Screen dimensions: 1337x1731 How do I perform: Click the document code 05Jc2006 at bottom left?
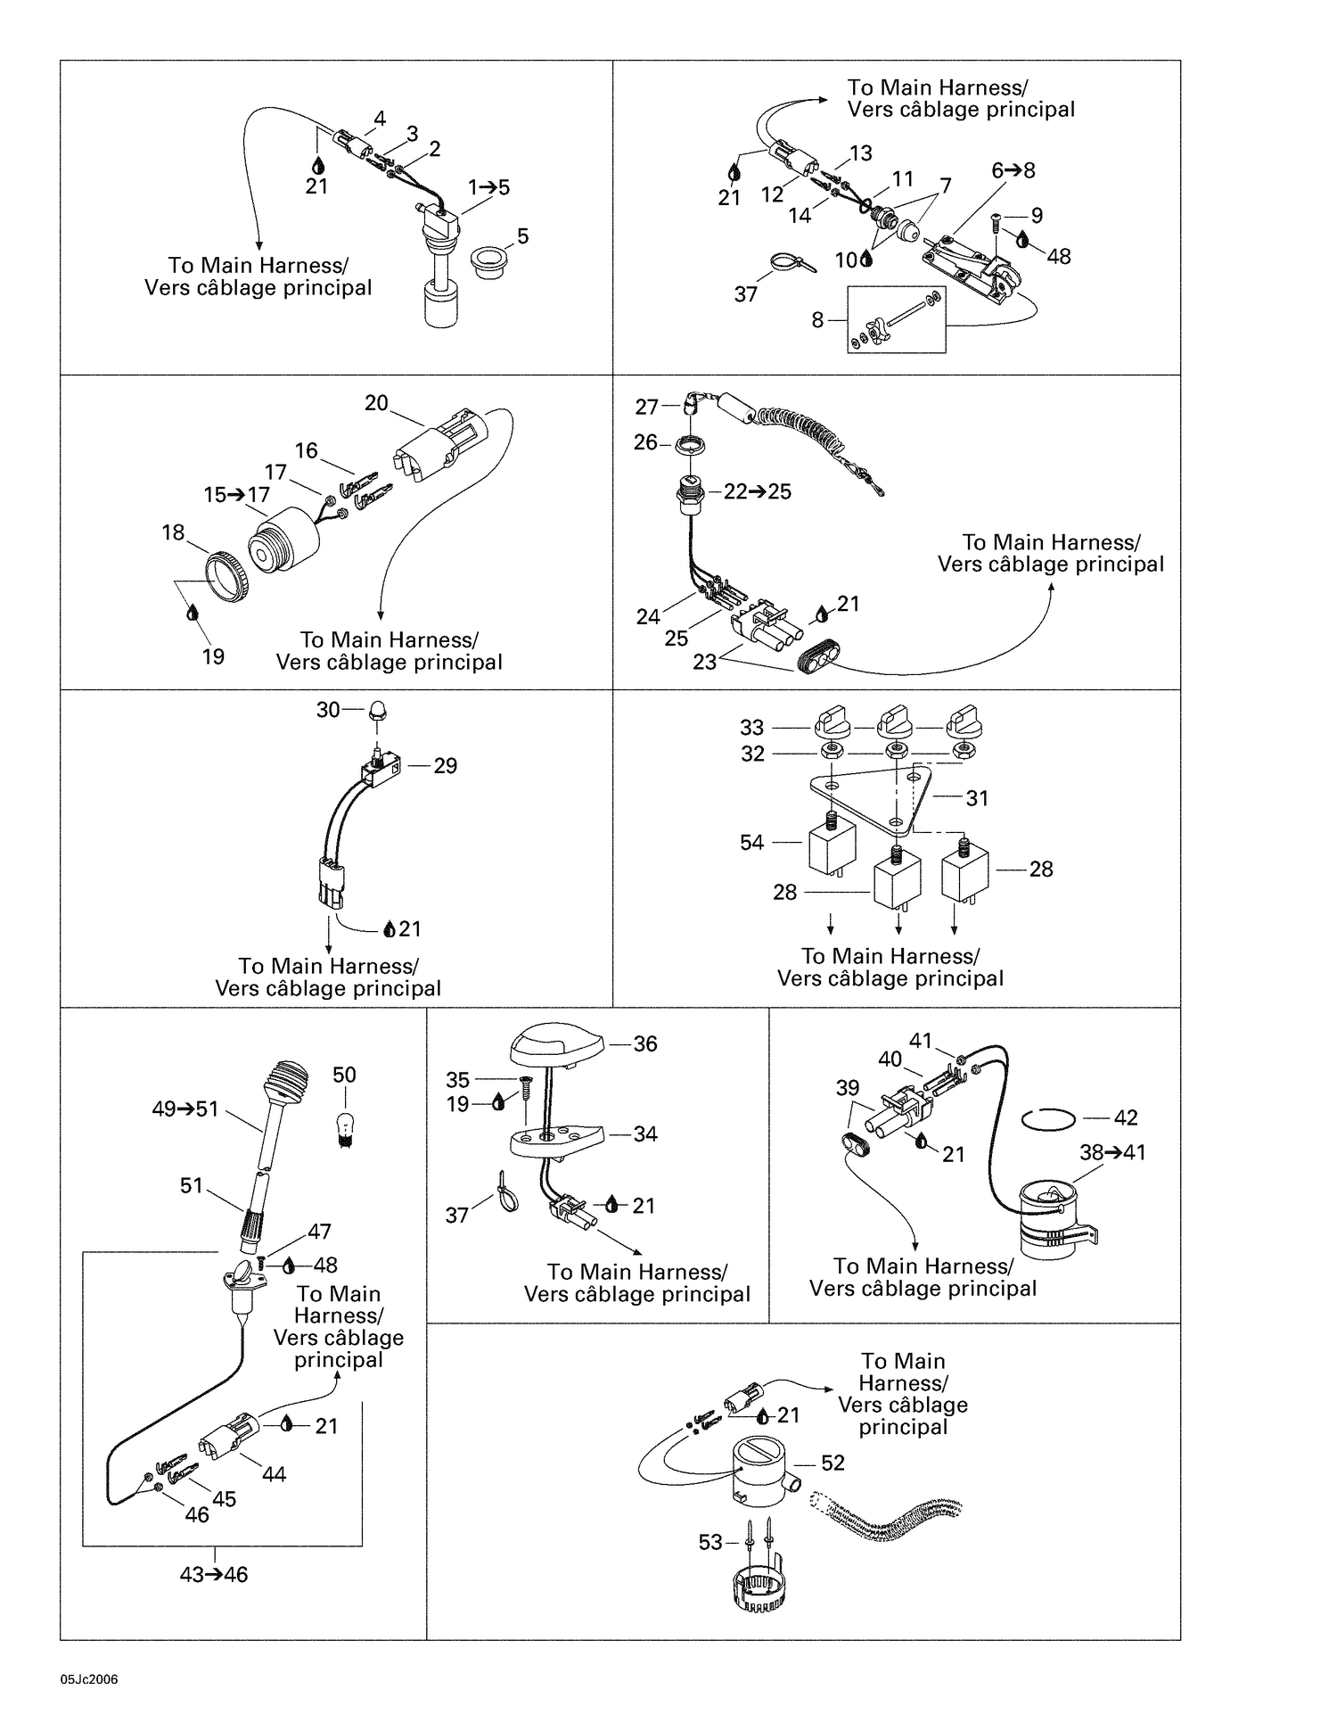coord(89,1680)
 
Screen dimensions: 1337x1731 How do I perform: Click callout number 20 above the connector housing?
coord(376,403)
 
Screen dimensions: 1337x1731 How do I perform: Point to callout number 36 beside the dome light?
coord(645,1043)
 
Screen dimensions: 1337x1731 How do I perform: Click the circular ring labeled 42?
coord(1048,1118)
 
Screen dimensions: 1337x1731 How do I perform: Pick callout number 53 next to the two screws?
coord(710,1542)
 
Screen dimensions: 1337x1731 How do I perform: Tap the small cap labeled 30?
coord(378,712)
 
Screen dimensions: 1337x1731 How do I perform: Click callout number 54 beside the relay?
coord(752,842)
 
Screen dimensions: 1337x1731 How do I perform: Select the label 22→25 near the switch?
coord(758,491)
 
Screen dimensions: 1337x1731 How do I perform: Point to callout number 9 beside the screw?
coord(1037,215)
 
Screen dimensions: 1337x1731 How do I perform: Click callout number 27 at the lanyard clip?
coord(647,407)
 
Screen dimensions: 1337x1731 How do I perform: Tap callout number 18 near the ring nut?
coord(173,532)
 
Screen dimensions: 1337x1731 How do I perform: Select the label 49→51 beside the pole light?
coord(185,1109)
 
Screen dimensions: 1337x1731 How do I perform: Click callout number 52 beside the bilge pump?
coord(833,1463)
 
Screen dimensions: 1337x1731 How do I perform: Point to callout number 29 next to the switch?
coord(445,765)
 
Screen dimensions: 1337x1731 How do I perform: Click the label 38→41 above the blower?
coord(1113,1152)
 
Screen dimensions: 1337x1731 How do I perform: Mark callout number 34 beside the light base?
coord(645,1133)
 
